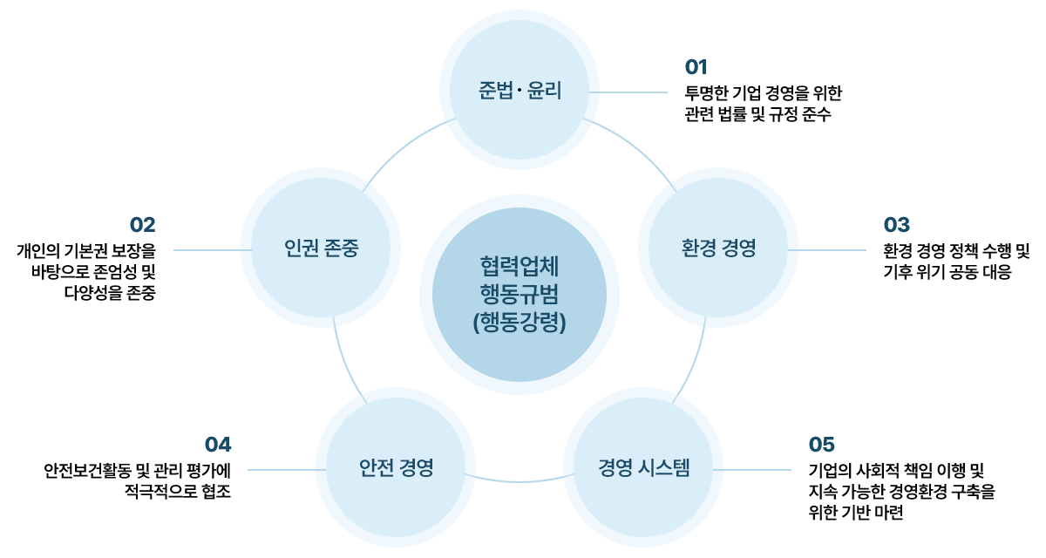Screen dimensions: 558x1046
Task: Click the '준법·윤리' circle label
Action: tap(520, 92)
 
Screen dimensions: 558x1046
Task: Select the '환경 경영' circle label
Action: tap(718, 248)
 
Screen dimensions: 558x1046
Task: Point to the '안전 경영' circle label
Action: tap(396, 468)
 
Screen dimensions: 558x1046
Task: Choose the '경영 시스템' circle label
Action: tap(644, 468)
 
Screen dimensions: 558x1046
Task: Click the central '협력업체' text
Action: tap(520, 264)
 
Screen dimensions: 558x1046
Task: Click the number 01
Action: tap(696, 67)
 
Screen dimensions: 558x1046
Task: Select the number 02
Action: tap(142, 224)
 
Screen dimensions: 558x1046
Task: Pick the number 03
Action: tap(896, 225)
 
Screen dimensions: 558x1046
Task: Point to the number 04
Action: tap(218, 444)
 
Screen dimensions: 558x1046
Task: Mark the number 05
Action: tap(822, 444)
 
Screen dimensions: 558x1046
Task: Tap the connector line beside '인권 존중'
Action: tap(213, 250)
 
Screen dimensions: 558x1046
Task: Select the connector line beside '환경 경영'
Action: tap(826, 250)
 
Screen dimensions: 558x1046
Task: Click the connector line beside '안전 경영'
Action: tap(287, 470)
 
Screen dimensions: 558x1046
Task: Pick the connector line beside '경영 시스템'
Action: tap(752, 470)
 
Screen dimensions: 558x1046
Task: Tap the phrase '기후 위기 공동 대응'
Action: tap(947, 272)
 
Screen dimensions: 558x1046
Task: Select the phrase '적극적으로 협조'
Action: tap(179, 492)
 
